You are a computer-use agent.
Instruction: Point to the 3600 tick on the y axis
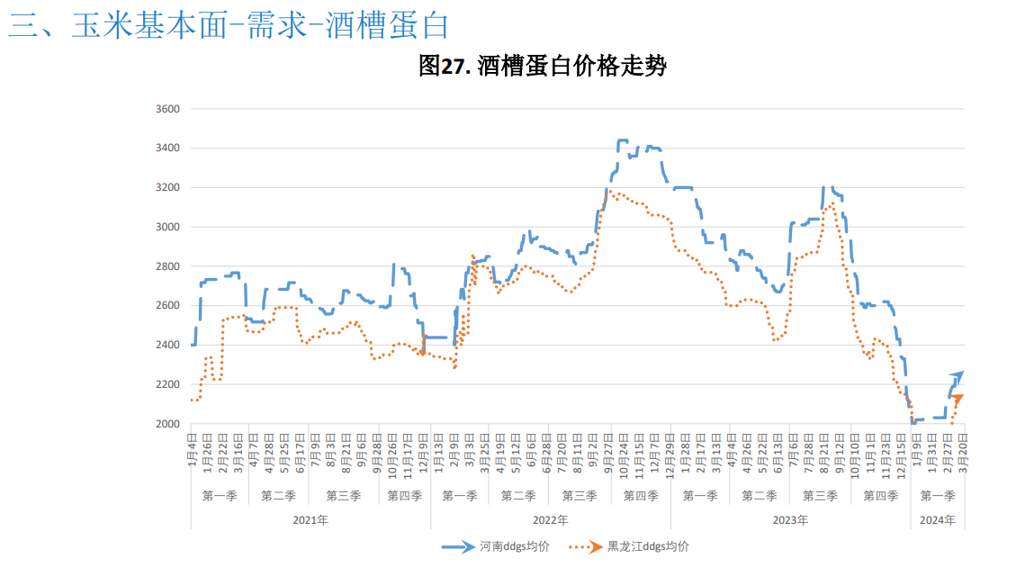(x=169, y=109)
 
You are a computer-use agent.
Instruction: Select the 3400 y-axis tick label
(x=169, y=148)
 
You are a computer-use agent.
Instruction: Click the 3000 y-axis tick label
(x=169, y=227)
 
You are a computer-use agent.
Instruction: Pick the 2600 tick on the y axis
(x=169, y=306)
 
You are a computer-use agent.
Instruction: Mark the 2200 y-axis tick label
(x=169, y=384)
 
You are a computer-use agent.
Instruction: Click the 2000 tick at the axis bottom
(x=169, y=424)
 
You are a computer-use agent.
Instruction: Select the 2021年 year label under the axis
(x=310, y=520)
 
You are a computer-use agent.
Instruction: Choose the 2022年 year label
(x=550, y=520)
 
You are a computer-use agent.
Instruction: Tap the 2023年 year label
(x=790, y=520)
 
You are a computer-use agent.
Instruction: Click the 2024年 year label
(x=938, y=520)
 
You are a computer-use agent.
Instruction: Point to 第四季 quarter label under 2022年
(x=641, y=496)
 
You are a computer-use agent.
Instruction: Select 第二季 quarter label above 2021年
(x=279, y=496)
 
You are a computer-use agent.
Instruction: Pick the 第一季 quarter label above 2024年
(x=938, y=496)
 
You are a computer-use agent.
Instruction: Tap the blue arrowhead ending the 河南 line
(x=958, y=374)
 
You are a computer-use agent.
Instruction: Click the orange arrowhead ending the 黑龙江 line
(x=958, y=398)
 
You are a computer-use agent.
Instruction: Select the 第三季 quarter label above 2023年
(x=820, y=496)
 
